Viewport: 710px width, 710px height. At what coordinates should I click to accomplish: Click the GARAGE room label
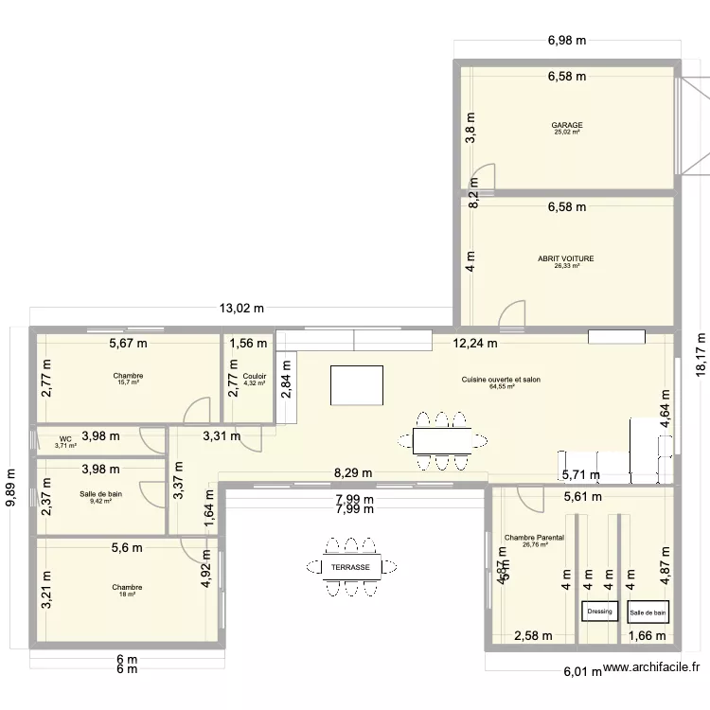(567, 125)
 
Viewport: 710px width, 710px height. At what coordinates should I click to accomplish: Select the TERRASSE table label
(351, 566)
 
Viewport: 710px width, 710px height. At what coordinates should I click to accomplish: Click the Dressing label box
(599, 612)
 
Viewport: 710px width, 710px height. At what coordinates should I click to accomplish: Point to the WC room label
(65, 438)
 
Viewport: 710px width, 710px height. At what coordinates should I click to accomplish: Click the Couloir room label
(255, 376)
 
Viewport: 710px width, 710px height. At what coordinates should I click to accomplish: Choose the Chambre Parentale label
(535, 538)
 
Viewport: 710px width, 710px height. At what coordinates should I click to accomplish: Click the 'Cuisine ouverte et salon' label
(501, 379)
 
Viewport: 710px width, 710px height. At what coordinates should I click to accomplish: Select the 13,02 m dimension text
(241, 309)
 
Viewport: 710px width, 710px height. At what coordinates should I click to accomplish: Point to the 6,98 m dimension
(567, 41)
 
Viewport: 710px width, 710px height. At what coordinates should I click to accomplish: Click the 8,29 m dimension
(352, 473)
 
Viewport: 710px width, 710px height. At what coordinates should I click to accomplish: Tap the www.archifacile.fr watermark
(654, 669)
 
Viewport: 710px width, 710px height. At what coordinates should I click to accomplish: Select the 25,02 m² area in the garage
(567, 133)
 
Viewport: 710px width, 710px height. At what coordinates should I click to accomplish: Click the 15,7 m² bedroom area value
(127, 383)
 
